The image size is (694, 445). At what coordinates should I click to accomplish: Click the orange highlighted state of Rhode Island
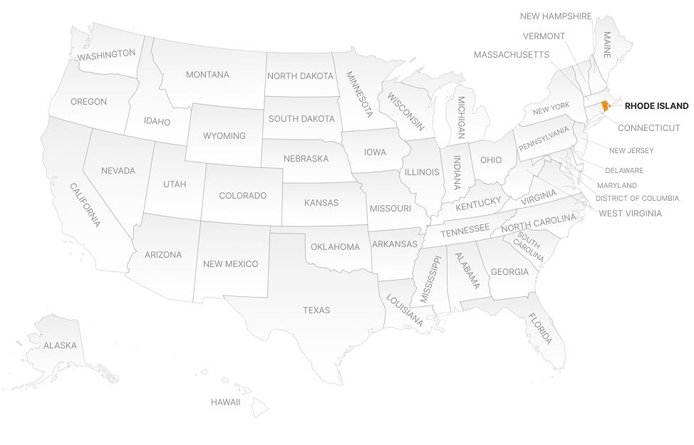(x=605, y=106)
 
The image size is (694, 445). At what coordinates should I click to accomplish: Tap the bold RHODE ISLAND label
(x=656, y=106)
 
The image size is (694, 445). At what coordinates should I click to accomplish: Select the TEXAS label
(x=316, y=310)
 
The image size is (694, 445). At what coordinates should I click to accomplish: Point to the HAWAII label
(x=225, y=402)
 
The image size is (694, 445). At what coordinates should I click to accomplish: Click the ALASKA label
(x=60, y=345)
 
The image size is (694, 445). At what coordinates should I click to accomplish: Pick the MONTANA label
(x=207, y=75)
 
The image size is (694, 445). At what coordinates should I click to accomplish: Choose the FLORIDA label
(x=540, y=328)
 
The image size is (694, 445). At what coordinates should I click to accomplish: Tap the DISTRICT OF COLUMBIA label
(x=637, y=199)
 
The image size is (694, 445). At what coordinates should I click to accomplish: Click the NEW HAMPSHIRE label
(x=556, y=16)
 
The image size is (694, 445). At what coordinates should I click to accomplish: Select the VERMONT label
(x=544, y=36)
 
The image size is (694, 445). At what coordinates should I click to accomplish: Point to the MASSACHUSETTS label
(x=511, y=55)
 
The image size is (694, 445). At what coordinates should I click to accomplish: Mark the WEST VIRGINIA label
(x=630, y=214)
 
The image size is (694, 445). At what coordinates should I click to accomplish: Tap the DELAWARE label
(x=624, y=171)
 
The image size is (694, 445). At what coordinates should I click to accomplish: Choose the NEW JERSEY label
(x=631, y=151)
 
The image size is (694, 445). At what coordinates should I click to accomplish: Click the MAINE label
(x=607, y=44)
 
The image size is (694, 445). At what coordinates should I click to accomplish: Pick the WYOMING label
(x=224, y=136)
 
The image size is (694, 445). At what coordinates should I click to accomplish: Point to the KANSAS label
(x=321, y=203)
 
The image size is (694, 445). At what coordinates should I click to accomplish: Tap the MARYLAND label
(x=617, y=186)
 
